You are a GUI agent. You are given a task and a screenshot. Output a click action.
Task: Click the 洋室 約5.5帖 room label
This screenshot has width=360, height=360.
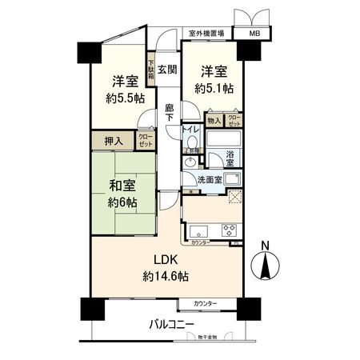coord(122,89)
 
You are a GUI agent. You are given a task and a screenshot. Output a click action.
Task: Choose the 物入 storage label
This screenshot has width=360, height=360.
coord(214,120)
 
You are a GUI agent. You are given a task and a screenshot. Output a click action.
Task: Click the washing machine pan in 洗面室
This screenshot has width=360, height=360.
coord(233,179)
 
